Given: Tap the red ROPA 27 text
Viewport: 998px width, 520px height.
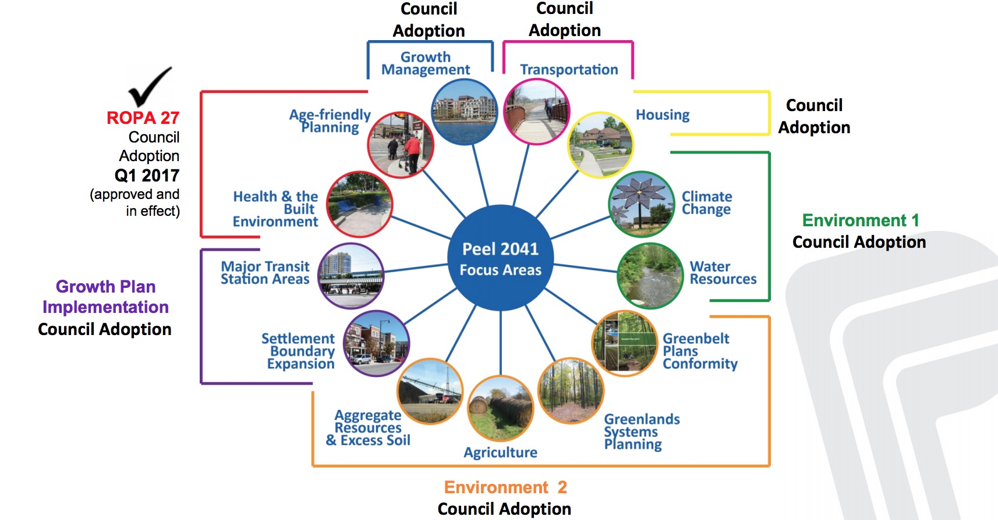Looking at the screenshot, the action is tap(143, 118).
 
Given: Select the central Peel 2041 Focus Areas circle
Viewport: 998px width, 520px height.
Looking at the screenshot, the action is tap(500, 258).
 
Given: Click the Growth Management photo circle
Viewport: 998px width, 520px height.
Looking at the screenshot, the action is tap(464, 112).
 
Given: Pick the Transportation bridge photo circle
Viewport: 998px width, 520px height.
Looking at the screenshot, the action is tap(536, 112).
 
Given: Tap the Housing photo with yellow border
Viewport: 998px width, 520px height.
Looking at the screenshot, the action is tap(600, 145).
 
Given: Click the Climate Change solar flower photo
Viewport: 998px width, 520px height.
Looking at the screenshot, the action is tap(642, 204).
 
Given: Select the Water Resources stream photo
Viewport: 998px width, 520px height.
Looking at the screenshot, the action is tap(650, 276).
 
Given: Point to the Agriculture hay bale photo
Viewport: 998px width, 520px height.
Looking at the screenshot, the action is tap(500, 409).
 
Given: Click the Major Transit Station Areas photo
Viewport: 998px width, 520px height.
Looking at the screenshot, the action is tap(351, 276).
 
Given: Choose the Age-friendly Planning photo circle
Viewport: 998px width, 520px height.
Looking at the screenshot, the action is tap(401, 145).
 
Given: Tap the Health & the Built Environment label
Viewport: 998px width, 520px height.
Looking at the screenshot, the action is tap(275, 209).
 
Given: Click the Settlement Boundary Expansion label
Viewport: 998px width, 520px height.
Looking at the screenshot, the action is tap(298, 351).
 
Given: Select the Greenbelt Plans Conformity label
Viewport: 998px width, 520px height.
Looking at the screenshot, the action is tap(700, 351).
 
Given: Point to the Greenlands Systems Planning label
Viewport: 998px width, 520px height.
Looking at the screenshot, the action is tap(642, 432).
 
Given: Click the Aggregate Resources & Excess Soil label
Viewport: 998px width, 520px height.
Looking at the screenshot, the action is tap(368, 428).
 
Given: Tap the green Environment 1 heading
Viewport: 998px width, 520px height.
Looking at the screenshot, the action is tap(861, 220).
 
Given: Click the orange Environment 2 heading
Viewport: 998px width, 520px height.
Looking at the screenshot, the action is tap(505, 487).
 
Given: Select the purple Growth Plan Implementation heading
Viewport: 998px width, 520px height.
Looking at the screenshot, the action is tap(105, 297).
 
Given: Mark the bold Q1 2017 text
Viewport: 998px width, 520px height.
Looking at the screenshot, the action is tap(147, 176).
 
